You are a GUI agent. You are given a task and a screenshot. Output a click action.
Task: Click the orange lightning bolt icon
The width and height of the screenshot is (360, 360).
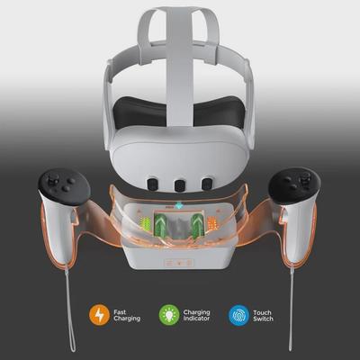pos(98,315)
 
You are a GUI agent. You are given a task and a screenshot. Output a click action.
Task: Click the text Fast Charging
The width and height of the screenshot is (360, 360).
pos(126,315)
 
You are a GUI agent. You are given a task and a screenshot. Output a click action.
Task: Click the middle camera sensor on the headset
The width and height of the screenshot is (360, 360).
pos(180,184)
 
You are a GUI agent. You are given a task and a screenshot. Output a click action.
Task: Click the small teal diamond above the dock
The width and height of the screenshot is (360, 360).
pos(180,207)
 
